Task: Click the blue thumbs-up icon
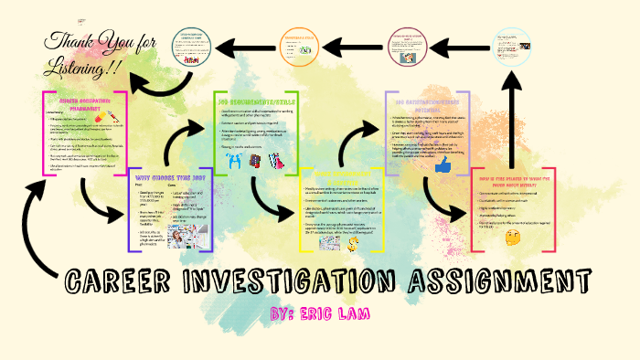(443, 165)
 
